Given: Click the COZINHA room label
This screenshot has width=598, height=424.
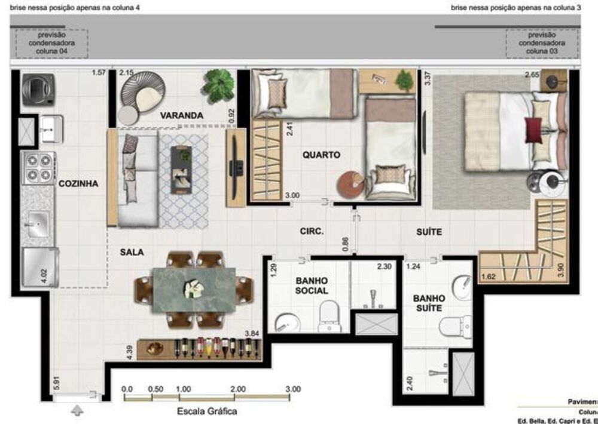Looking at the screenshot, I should click(x=78, y=184).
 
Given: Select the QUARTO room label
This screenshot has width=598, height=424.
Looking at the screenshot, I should click(x=321, y=155).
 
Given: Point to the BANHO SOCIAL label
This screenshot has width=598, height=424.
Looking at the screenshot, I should click(x=312, y=285).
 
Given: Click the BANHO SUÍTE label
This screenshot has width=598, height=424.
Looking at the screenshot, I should click(x=429, y=303).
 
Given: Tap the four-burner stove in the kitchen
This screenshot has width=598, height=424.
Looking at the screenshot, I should click(x=39, y=167).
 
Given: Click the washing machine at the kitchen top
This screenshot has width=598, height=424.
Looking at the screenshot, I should click(x=38, y=90).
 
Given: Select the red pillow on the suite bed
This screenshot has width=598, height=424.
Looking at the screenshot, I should click(x=533, y=130).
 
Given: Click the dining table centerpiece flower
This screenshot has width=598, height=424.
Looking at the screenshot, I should click(x=193, y=288).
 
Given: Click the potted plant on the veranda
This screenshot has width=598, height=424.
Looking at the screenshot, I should click(x=218, y=85).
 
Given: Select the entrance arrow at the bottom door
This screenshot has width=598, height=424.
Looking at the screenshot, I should click(x=77, y=411).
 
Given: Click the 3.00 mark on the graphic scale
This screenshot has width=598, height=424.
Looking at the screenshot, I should click(x=292, y=389).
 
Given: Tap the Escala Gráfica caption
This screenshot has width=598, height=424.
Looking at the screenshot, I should click(x=207, y=411).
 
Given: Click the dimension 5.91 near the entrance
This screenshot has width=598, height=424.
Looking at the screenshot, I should click(x=56, y=382).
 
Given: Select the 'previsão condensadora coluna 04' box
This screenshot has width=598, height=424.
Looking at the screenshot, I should click(x=51, y=44).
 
